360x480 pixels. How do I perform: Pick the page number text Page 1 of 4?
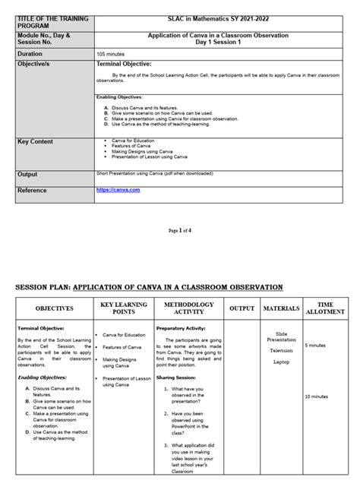(x=179, y=229)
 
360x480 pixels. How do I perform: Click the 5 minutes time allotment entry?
(x=317, y=346)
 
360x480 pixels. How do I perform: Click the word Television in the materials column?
(x=281, y=351)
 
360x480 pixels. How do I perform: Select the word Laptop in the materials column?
(x=281, y=362)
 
